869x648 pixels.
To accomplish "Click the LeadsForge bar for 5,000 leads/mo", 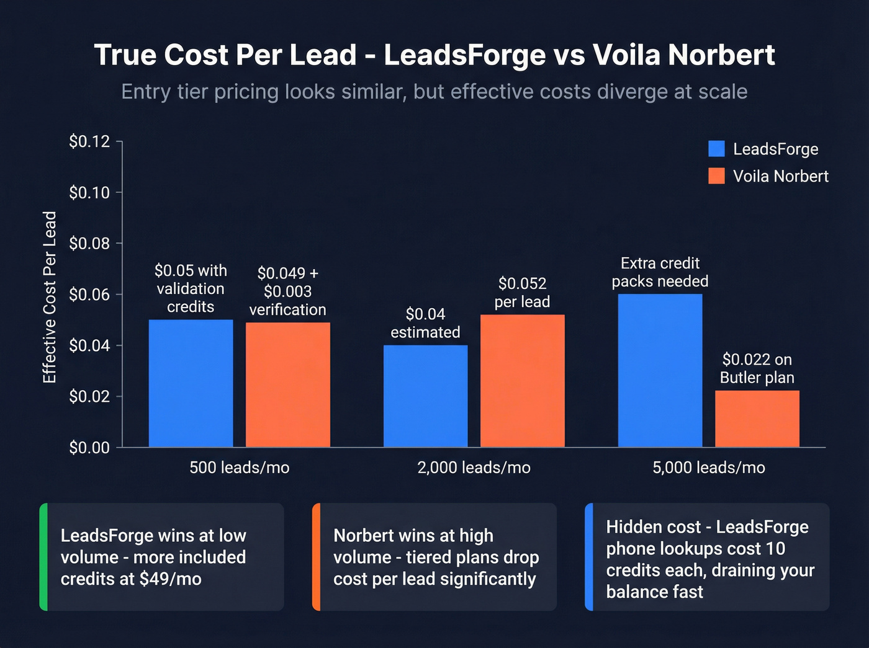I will [x=660, y=370].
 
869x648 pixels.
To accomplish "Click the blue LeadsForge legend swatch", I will [x=716, y=149].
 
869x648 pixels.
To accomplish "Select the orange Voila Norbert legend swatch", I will [x=716, y=176].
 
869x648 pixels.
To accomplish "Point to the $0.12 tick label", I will [x=89, y=142].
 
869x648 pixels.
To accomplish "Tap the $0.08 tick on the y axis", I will [x=89, y=244].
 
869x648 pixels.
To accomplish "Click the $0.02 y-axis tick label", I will [x=89, y=396].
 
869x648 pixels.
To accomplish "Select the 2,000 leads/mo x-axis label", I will [x=474, y=468].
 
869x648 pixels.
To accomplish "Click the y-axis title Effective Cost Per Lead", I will [x=50, y=297].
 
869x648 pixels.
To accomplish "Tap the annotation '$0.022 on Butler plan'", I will [x=757, y=368].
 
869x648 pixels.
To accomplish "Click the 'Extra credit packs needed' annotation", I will [x=660, y=272].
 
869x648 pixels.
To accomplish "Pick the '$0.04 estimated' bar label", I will [x=425, y=323].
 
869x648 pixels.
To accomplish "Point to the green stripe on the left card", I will [x=43, y=557].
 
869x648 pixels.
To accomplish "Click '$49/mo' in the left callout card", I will [x=170, y=579].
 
